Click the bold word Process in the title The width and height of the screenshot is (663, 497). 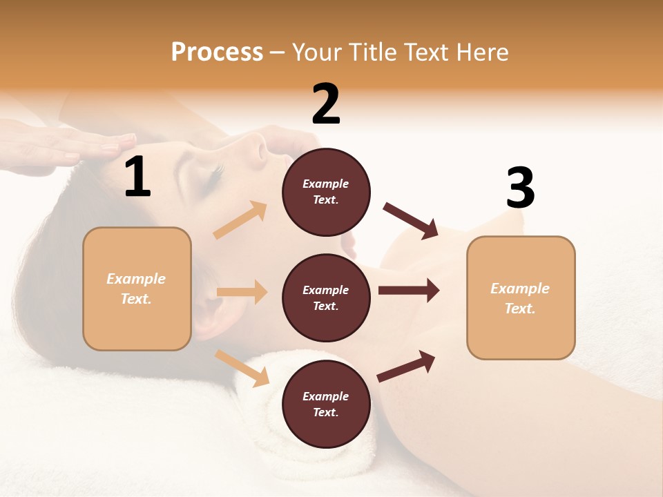pyautogui.click(x=217, y=52)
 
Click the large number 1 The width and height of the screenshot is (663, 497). pyautogui.click(x=137, y=177)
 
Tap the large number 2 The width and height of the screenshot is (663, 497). pyautogui.click(x=326, y=104)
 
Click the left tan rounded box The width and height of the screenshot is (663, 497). pyautogui.click(x=137, y=289)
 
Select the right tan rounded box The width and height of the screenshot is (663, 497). pyautogui.click(x=521, y=298)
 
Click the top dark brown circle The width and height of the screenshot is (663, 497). pyautogui.click(x=326, y=192)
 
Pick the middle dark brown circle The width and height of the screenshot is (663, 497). pyautogui.click(x=326, y=298)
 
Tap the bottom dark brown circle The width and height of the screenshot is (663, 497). pyautogui.click(x=326, y=404)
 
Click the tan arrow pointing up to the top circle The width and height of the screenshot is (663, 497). pyautogui.click(x=241, y=220)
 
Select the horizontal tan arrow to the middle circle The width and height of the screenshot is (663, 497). pyautogui.click(x=242, y=292)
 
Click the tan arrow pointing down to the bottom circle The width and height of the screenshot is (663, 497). pyautogui.click(x=242, y=368)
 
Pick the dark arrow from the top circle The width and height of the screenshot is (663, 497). pyautogui.click(x=411, y=221)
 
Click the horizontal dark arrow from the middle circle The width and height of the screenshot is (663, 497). pyautogui.click(x=408, y=291)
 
